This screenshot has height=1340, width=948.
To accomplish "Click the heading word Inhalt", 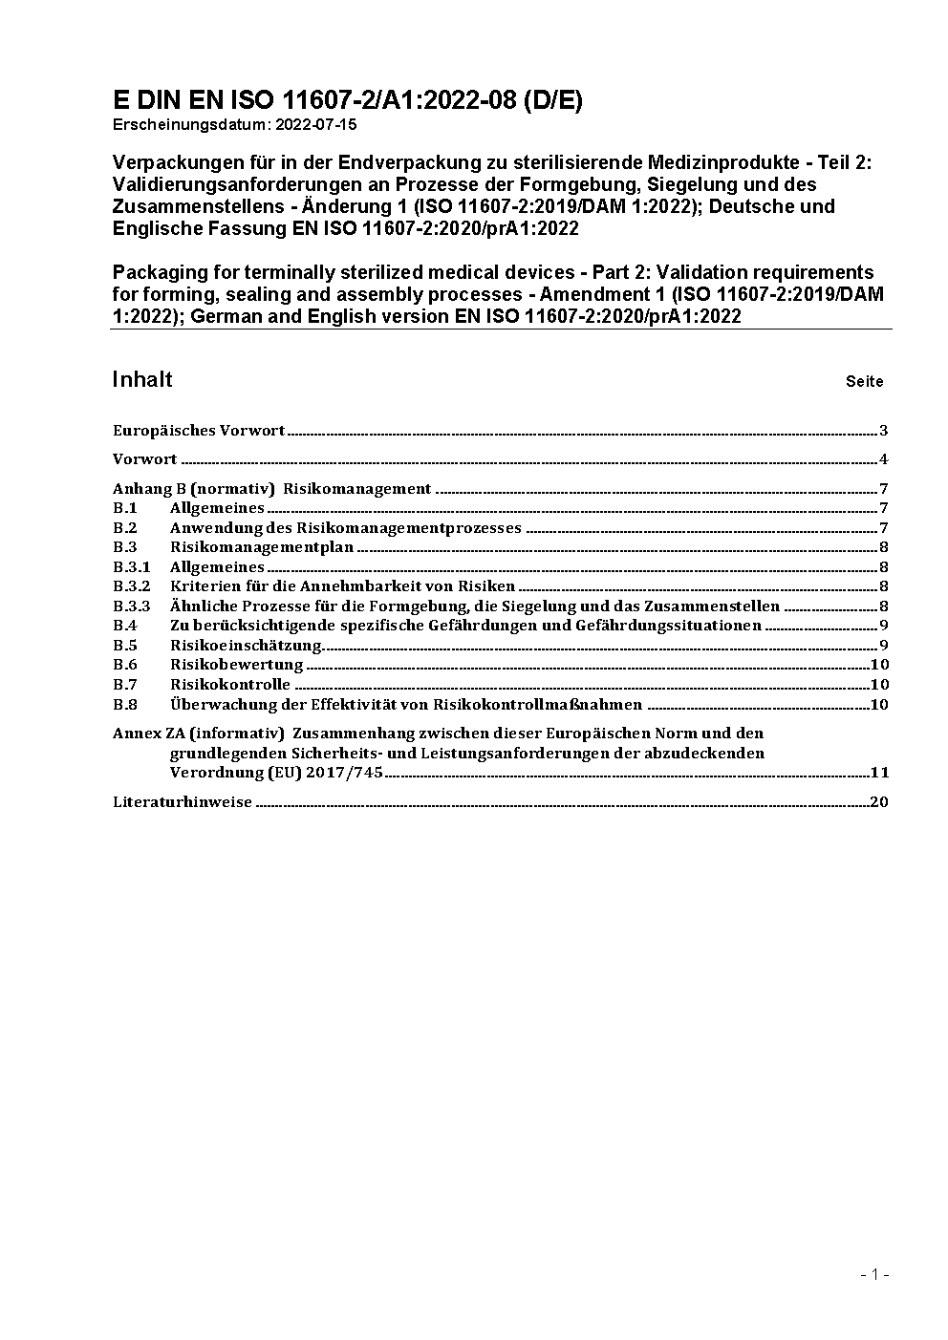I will point(142,379).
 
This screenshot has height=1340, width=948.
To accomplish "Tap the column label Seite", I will point(864,381).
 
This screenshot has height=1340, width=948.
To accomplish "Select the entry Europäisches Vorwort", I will point(199,431).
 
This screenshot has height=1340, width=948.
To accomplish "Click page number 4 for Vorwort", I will point(884,459).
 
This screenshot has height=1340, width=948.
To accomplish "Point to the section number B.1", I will point(125,508).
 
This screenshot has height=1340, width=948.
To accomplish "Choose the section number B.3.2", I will point(132,586).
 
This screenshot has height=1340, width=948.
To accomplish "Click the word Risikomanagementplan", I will point(262,547).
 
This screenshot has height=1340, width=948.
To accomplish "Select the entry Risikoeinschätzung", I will point(245,645).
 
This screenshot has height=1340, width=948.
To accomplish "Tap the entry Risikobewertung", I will point(236,665).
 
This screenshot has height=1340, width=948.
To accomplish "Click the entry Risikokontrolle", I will point(229,685).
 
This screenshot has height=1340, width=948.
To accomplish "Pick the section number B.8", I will point(125,705).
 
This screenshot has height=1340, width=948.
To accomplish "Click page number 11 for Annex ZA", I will point(879,773).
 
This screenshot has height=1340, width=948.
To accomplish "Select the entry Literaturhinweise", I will point(183,802).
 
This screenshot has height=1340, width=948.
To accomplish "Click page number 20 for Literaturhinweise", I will point(879,802).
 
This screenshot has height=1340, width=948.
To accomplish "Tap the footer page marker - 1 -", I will point(874,1274).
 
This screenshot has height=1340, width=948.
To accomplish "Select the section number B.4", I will point(125,626).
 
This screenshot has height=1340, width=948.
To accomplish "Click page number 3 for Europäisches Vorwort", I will point(884,431).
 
